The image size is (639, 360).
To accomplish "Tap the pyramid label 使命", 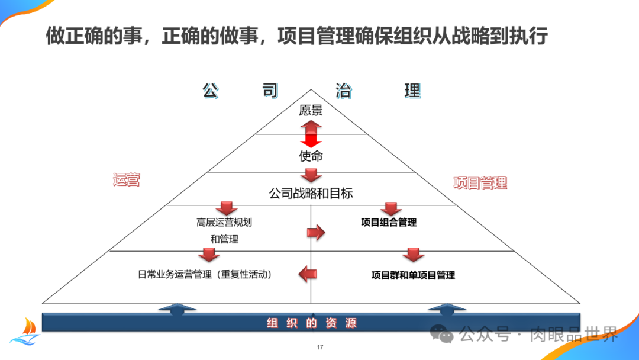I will [311, 156].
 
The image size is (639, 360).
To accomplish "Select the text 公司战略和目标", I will [311, 194].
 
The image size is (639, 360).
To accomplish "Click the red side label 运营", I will [127, 180].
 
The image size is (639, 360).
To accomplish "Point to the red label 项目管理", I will [480, 183].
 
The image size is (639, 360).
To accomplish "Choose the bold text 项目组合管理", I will [389, 223].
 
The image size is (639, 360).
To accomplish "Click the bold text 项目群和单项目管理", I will [413, 275].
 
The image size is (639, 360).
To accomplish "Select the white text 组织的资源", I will [311, 323].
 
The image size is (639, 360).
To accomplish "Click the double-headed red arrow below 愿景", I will [311, 134].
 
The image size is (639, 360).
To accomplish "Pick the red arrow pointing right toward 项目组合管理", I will [317, 232].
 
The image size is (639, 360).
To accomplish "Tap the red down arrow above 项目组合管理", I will [390, 208].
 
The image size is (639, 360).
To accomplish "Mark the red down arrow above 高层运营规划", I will [226, 208].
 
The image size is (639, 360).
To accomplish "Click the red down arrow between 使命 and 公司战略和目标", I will [311, 175].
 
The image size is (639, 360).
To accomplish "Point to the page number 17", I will [319, 347].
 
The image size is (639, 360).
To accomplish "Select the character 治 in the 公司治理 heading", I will [343, 91].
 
